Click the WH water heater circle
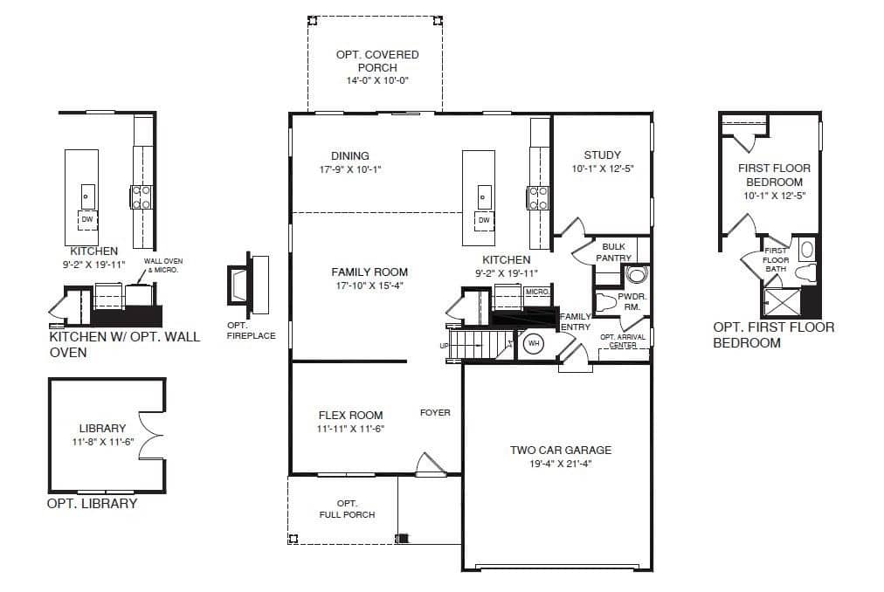534,343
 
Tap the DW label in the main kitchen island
484,220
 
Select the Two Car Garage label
561,450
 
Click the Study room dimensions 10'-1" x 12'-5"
603,169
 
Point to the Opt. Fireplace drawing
248,285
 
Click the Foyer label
435,413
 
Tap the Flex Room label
350,416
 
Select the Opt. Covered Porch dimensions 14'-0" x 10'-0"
377,80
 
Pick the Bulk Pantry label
613,252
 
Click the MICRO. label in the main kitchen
536,292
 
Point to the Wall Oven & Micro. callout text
163,265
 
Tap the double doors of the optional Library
151,435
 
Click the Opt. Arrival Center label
623,341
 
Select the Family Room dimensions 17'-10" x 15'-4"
369,286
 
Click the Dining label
350,155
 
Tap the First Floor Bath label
776,260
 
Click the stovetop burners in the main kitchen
537,197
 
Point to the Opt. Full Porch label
347,509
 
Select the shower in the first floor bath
782,301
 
